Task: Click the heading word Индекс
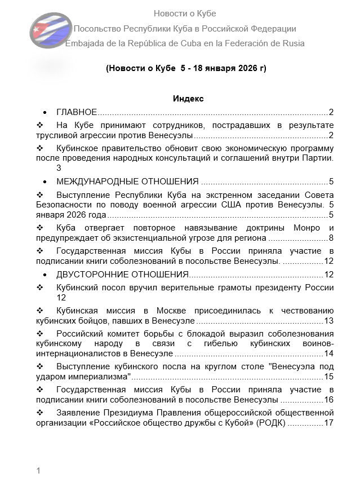188,99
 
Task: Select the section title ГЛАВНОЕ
77,112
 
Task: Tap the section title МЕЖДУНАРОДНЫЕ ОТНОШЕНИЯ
127,182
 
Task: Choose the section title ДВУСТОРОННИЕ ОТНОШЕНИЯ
122,275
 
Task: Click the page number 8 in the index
331,238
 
